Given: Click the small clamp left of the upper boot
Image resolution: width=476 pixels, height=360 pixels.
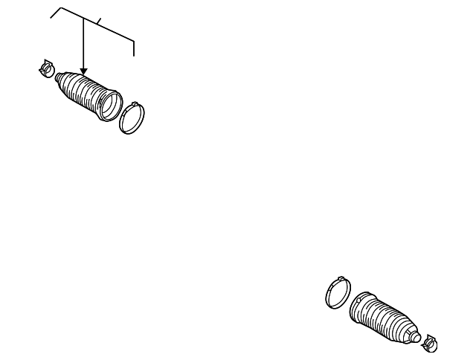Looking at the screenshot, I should coord(46,68).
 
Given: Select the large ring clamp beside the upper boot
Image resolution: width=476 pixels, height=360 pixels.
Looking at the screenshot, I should coord(132,118).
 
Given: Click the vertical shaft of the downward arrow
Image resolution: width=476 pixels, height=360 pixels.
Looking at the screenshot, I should coord(83,45).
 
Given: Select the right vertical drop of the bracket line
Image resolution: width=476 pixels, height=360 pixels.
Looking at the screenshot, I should coord(134,48).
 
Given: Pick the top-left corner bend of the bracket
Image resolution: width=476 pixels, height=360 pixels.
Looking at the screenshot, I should coord(61,9).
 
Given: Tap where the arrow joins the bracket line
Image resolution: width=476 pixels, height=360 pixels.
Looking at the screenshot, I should coord(83,19).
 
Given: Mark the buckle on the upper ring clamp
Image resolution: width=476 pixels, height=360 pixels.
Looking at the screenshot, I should coord(134,104).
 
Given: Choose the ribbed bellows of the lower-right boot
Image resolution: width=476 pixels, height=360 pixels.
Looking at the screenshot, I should coord(389,320).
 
